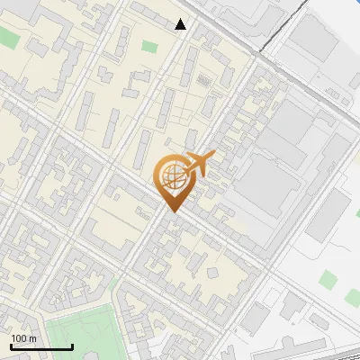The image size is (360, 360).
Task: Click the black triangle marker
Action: [181, 24]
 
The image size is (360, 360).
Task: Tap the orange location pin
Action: [175, 181]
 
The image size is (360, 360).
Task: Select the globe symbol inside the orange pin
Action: [175, 176]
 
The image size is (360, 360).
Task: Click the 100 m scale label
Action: [24, 338]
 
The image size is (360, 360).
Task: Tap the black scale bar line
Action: [41, 346]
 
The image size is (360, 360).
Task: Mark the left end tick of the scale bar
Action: [12, 345]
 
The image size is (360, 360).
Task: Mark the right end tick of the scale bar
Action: [72, 345]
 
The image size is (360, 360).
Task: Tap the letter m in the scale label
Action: [32, 338]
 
